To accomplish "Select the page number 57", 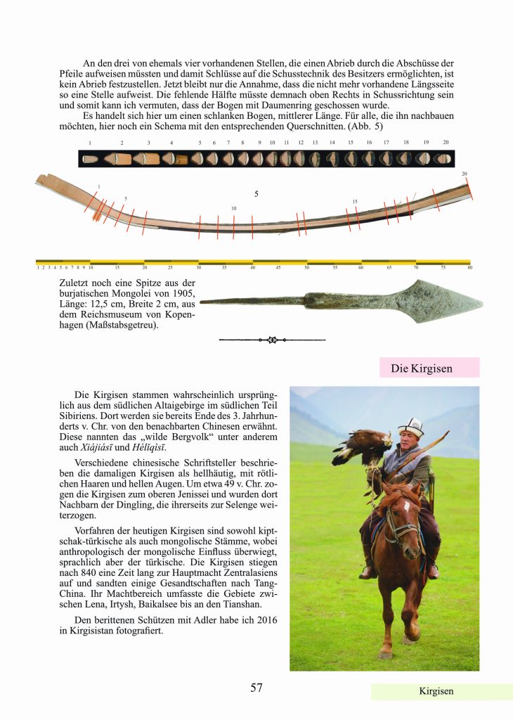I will [x=256, y=688].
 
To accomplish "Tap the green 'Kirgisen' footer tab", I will [x=436, y=691].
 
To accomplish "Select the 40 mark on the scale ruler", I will [x=253, y=267].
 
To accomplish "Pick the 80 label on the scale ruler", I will [x=469, y=267].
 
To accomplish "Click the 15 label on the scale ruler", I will [x=117, y=267].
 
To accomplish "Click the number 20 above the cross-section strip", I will [x=446, y=143].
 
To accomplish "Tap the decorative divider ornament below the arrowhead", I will [x=272, y=340].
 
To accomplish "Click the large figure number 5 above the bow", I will [x=256, y=193].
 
